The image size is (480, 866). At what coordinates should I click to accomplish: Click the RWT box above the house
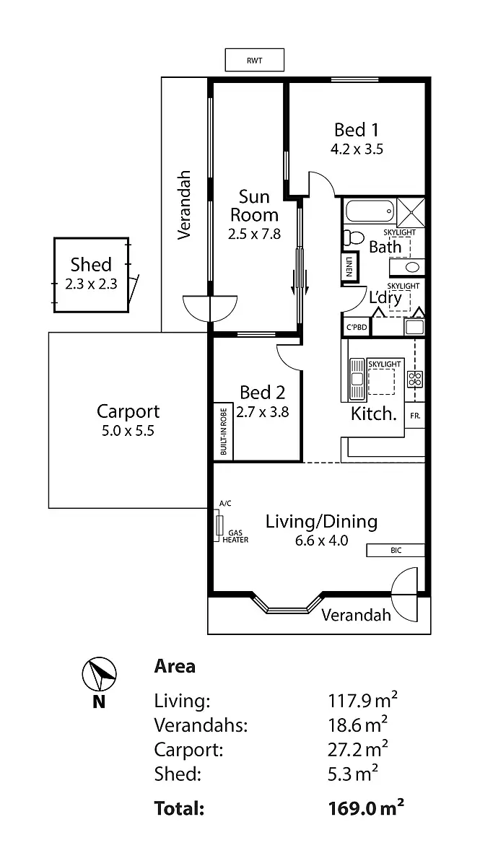(254, 60)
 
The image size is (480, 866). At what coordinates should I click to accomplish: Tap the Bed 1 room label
(356, 130)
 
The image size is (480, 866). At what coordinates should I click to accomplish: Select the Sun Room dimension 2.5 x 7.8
(254, 234)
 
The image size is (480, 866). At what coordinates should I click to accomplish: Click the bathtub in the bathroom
(370, 212)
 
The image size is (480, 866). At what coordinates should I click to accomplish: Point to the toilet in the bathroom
(354, 237)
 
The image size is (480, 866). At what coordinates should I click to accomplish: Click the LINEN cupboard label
(349, 266)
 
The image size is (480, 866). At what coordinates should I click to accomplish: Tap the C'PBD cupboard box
(357, 327)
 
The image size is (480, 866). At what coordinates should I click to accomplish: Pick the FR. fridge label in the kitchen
(415, 416)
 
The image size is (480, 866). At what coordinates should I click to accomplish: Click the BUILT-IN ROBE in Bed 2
(223, 430)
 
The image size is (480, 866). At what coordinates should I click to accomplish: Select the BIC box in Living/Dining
(396, 551)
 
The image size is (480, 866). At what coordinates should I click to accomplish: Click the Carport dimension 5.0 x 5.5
(128, 431)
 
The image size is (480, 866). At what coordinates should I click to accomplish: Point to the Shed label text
(91, 265)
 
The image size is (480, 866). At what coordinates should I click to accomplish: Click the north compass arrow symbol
(99, 675)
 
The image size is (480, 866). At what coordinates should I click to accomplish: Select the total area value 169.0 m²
(365, 808)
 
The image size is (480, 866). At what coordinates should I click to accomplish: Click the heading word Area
(175, 665)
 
